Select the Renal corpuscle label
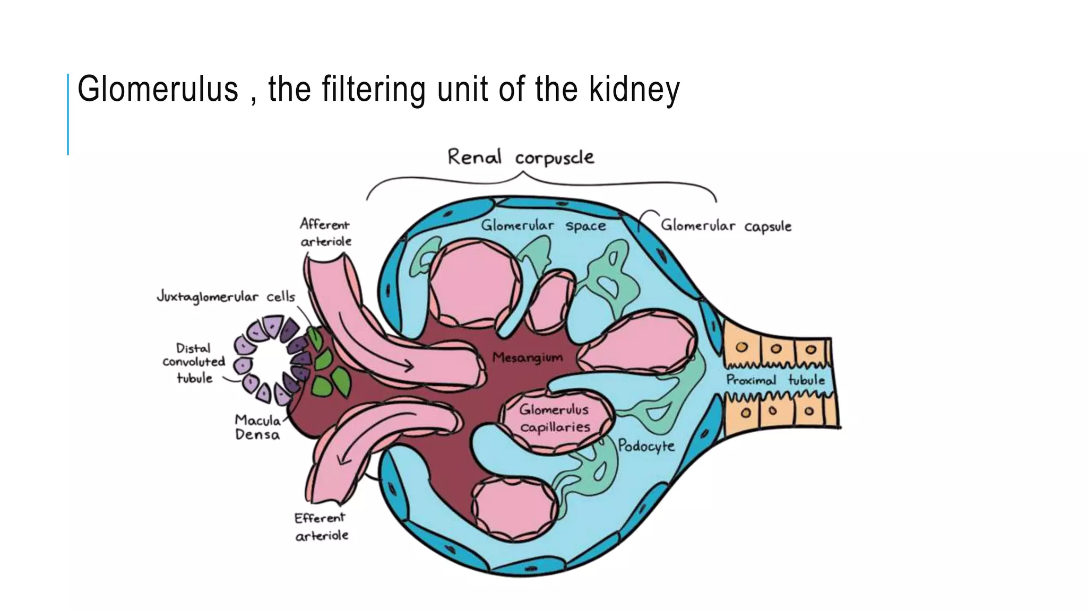(520, 157)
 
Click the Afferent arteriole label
(325, 232)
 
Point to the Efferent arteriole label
(321, 526)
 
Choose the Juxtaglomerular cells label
(226, 296)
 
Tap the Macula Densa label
(258, 427)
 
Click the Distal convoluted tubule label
(194, 363)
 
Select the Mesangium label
(527, 357)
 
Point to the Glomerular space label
(543, 225)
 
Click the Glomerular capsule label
(726, 226)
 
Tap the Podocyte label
(646, 446)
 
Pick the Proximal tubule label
(775, 380)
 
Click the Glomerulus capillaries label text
(555, 418)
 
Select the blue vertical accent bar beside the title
(68, 114)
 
